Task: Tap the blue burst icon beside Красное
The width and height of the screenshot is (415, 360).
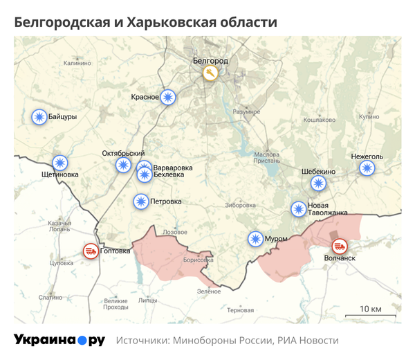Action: click(x=168, y=98)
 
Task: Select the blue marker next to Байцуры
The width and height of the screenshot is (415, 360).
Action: click(x=39, y=117)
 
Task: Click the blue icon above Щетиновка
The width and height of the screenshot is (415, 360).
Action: click(x=61, y=162)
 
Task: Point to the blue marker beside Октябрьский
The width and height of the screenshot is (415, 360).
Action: click(x=123, y=165)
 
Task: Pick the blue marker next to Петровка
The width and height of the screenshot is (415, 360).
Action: click(x=141, y=201)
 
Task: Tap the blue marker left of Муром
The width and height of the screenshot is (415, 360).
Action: click(x=256, y=239)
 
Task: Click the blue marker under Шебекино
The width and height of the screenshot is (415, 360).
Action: click(x=317, y=183)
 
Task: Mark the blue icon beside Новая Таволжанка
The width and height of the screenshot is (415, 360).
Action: click(x=298, y=208)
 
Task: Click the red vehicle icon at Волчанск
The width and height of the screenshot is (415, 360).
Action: click(x=339, y=246)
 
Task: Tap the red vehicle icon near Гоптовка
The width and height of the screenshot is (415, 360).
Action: click(x=90, y=251)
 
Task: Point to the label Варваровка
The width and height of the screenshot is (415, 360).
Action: click(x=172, y=168)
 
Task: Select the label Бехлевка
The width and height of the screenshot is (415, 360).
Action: click(x=170, y=176)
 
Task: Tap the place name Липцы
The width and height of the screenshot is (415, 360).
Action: click(x=147, y=300)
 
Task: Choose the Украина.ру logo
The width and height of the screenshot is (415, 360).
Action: click(x=59, y=340)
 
